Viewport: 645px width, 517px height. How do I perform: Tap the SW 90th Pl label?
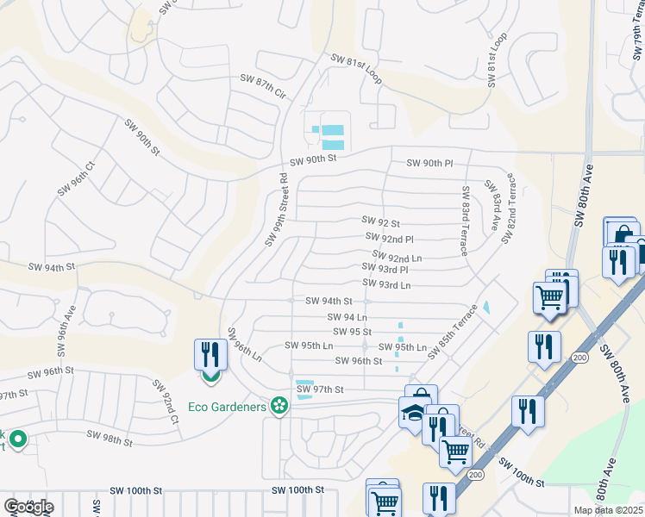(x=429, y=164)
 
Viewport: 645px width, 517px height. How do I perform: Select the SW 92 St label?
(x=381, y=221)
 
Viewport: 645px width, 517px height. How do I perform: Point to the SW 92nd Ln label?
(x=398, y=256)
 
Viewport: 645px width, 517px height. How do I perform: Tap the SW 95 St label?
(x=352, y=332)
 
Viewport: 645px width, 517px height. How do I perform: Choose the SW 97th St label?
(x=321, y=389)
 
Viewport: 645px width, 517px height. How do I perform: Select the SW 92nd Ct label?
(x=166, y=402)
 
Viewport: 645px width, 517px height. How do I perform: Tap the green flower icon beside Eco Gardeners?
(x=279, y=405)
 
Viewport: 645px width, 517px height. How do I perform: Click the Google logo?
(x=28, y=507)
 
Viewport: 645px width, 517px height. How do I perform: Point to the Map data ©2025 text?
(x=607, y=510)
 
